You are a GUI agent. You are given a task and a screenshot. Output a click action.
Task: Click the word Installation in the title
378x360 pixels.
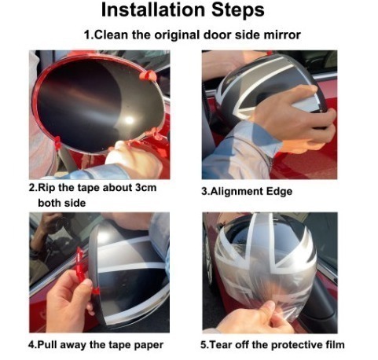click(x=153, y=10)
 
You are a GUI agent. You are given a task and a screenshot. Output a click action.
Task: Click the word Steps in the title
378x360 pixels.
click(x=238, y=10)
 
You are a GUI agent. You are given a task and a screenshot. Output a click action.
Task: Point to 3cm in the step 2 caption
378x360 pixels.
click(x=145, y=188)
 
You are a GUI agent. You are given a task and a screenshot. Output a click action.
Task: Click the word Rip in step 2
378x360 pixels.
click(x=47, y=188)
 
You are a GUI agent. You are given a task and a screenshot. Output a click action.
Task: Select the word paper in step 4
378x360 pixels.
click(x=149, y=345)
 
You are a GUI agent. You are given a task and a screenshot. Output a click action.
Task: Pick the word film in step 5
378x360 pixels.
click(x=336, y=344)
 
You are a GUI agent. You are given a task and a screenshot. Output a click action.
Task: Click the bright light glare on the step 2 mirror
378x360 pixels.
click(x=129, y=120)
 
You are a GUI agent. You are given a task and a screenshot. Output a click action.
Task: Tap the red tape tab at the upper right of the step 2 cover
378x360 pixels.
click(x=147, y=75)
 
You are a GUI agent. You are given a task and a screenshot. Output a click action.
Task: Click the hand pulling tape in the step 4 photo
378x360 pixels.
click(x=69, y=301)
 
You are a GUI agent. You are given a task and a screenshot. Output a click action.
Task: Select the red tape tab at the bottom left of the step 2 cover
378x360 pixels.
click(x=57, y=142)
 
